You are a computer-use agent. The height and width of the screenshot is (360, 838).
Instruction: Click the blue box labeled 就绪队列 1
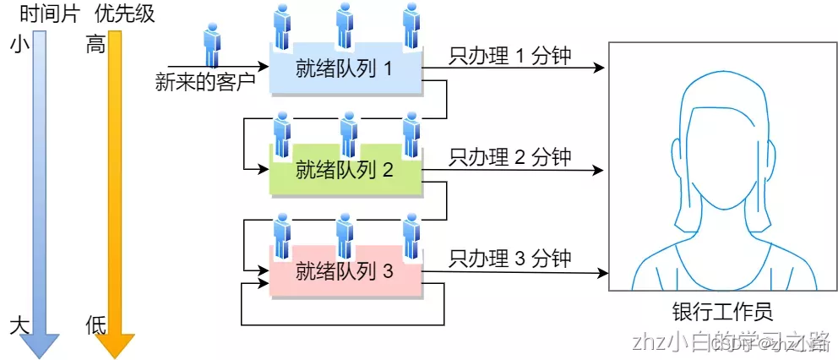[345, 69]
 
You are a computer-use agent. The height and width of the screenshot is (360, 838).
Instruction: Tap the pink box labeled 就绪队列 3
[345, 273]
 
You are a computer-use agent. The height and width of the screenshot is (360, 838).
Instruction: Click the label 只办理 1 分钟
[510, 56]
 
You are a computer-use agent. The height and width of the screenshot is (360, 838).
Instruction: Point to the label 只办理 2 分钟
[510, 157]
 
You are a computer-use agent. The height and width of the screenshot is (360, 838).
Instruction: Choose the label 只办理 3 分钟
[510, 259]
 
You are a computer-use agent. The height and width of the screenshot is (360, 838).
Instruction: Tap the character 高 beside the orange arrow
[95, 45]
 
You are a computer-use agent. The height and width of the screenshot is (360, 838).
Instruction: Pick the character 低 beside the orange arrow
[95, 325]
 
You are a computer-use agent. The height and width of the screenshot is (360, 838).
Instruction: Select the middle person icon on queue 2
[347, 134]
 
